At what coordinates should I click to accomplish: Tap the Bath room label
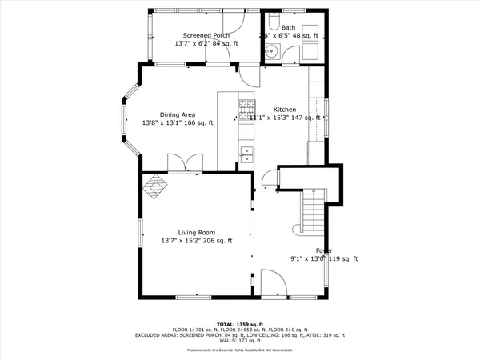tap(288, 27)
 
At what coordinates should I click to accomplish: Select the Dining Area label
tap(178, 114)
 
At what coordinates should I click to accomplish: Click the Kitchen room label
tap(285, 110)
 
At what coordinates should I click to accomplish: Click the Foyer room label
tap(324, 250)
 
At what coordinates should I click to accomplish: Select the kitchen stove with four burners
tap(246, 109)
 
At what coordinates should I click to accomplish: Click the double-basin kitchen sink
tap(246, 154)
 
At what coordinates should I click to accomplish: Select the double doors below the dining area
tap(185, 164)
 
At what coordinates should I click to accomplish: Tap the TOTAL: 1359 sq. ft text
tap(239, 324)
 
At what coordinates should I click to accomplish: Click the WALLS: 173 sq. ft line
tap(239, 341)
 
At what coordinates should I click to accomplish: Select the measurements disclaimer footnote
tap(239, 350)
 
